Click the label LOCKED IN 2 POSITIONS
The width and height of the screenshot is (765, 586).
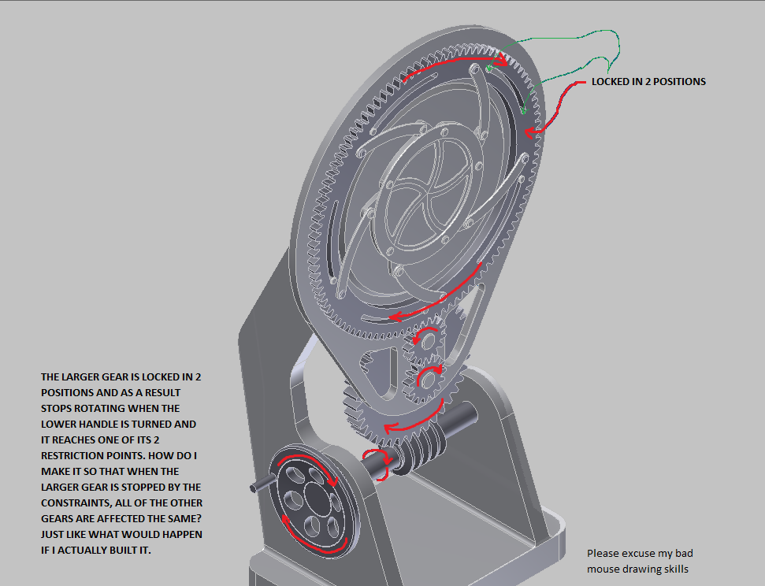(648, 82)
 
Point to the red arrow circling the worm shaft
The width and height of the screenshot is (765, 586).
(377, 464)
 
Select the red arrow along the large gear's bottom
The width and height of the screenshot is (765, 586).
(441, 303)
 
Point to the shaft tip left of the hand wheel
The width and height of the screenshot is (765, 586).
(254, 488)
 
